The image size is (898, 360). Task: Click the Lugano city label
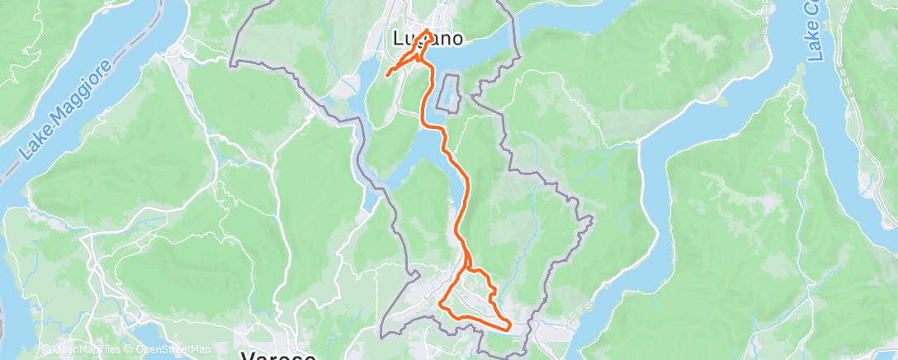[x=425, y=38]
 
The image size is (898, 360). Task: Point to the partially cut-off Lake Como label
[x=816, y=33]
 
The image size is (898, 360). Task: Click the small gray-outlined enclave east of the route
[x=450, y=92]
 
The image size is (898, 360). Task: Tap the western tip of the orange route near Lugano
[x=387, y=76]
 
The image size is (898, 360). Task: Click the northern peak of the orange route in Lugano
[x=427, y=31]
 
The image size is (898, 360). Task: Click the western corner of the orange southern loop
[x=442, y=307]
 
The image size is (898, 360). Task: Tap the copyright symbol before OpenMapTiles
[x=46, y=350]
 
